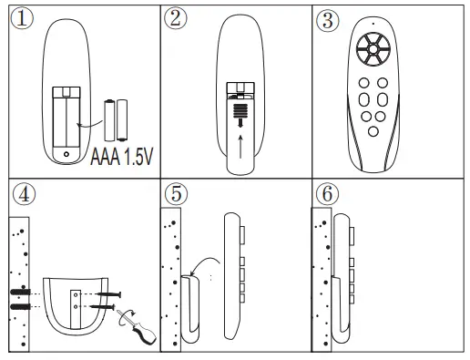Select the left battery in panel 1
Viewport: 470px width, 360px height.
(108, 118)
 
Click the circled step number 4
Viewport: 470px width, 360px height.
(22, 195)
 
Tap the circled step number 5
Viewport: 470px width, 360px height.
(177, 195)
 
